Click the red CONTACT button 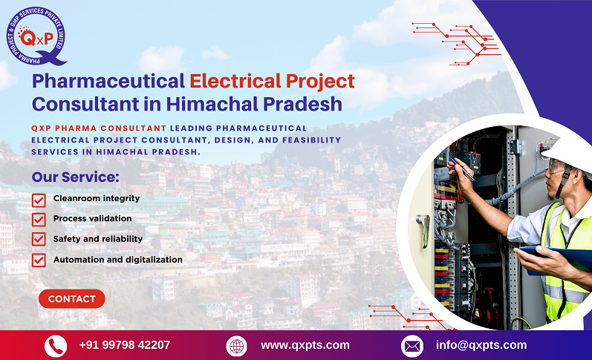72,298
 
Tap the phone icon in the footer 56,346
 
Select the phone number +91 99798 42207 124,345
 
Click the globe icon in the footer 236,346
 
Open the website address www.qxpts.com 305,345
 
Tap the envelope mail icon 412,346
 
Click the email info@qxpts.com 481,345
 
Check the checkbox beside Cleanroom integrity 39,200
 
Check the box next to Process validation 39,220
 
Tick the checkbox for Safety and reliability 39,240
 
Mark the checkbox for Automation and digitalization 39,261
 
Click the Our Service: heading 75,177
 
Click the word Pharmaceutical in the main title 108,81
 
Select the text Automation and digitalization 117,260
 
